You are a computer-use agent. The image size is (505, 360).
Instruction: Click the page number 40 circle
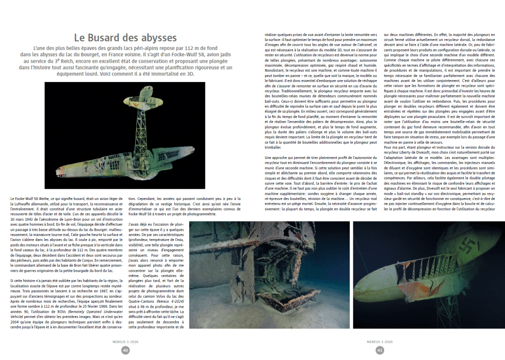125,350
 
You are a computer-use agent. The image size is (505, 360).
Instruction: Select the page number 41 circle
380,350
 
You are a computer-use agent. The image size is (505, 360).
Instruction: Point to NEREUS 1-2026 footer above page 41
380,341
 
